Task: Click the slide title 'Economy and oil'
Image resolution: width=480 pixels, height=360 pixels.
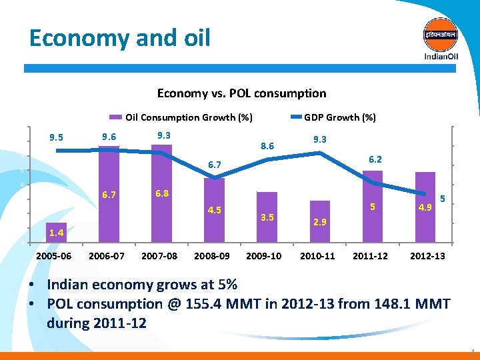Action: tap(120, 37)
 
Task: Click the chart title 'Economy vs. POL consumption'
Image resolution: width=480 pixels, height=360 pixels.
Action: tap(241, 93)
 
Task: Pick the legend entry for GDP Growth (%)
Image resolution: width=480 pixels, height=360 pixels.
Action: tap(339, 117)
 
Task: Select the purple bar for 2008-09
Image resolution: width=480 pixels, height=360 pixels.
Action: tap(214, 210)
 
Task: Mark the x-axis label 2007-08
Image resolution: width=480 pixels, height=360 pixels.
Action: tap(160, 256)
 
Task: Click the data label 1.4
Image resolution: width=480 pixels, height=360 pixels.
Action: tap(56, 233)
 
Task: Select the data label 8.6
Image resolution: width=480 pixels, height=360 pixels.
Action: tap(267, 145)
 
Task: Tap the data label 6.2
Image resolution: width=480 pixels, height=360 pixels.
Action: tap(376, 160)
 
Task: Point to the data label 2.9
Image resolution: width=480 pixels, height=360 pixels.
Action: tap(320, 221)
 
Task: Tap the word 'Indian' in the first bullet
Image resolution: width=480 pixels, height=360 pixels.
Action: tap(69, 285)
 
